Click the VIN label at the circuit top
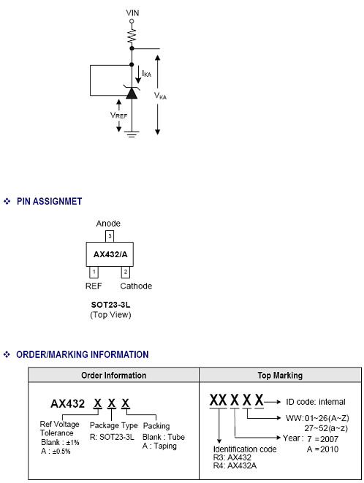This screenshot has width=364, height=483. pos(132,13)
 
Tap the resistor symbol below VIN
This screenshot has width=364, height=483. pos(132,36)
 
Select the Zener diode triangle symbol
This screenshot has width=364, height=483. pos(132,92)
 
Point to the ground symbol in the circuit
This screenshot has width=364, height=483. pos(132,134)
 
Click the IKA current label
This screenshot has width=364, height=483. pos(146,74)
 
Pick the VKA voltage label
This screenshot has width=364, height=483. pos(160,96)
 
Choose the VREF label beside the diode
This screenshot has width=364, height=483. pos(118,115)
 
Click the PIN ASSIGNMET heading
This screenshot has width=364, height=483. pos(49,202)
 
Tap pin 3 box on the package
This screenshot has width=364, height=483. pos(110,237)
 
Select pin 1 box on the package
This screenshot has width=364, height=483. pos(94,272)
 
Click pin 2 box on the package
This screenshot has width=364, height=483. pos(126,272)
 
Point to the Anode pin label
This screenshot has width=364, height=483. pos(108,224)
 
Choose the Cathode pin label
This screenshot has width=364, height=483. pos(136,286)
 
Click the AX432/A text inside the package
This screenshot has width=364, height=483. pos(110,254)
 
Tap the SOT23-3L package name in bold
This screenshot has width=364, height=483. pos(110,305)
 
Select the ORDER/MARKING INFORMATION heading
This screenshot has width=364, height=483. pos(83,354)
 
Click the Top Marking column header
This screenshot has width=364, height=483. pos(280,375)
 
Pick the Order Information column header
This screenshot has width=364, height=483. pos(114,375)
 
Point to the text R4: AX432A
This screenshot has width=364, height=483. pos(235,465)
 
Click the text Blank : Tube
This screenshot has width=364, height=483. pos(164,437)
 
